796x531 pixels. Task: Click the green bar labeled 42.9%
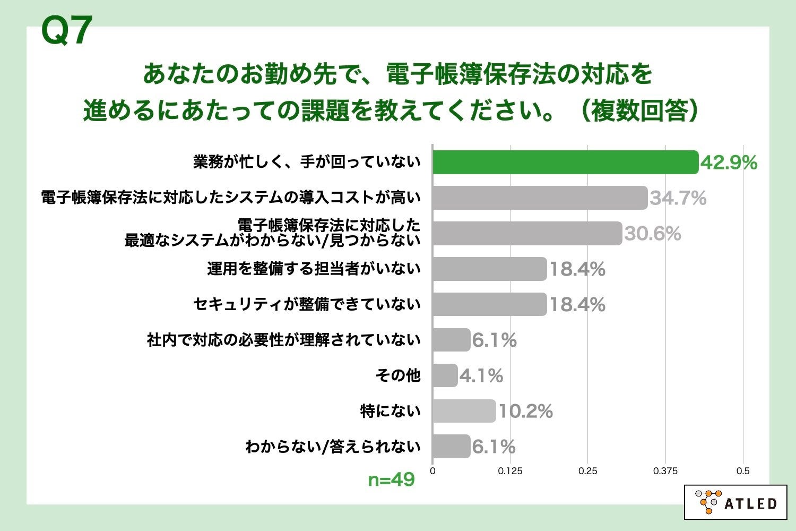click(565, 162)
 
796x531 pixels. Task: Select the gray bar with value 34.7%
click(540, 198)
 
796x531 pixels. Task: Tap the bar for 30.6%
click(527, 234)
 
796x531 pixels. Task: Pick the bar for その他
click(445, 375)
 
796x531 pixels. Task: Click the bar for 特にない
click(464, 411)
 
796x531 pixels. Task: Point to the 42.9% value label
click(729, 163)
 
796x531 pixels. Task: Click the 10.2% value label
click(525, 412)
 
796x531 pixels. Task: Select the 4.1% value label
click(481, 376)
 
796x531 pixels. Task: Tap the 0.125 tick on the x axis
click(510, 471)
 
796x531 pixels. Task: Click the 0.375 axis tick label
click(665, 471)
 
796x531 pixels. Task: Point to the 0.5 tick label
click(743, 471)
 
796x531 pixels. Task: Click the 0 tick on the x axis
click(432, 471)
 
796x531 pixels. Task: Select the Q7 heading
click(67, 31)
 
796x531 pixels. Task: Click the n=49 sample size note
click(391, 480)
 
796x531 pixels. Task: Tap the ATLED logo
click(735, 502)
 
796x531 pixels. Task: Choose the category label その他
click(398, 375)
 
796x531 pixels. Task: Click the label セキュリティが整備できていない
click(307, 304)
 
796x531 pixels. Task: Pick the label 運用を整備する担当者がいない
click(314, 269)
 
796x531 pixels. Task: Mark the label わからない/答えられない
click(333, 447)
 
